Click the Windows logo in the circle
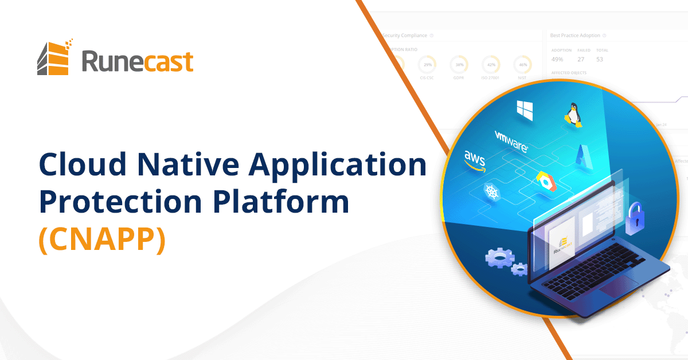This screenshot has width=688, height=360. tap(525, 109)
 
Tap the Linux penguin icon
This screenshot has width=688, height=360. tap(572, 114)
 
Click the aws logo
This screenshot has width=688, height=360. tap(475, 160)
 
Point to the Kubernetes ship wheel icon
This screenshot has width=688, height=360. tap(491, 191)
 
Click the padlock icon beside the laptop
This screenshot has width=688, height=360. tap(636, 217)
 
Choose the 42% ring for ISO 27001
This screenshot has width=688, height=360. tap(490, 64)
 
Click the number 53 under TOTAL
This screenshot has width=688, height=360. tap(600, 59)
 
